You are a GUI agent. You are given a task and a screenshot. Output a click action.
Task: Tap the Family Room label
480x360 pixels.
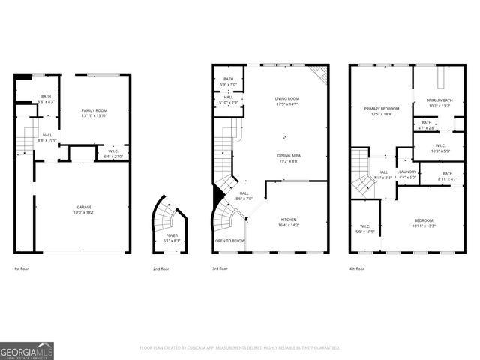coord(94,110)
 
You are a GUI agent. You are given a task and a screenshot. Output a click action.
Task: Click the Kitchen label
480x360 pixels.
coord(289,219)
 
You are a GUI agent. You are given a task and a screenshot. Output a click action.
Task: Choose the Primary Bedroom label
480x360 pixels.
coord(382,109)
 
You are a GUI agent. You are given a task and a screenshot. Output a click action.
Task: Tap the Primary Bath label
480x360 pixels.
coord(439,100)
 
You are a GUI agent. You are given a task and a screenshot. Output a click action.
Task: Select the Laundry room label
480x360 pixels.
coord(407,172)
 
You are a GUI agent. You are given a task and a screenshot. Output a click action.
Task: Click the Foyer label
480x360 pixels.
coord(172,235)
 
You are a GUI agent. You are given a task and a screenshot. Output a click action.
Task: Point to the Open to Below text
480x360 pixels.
coord(230,241)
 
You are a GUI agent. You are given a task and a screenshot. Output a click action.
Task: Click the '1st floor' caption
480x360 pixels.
coord(22,268)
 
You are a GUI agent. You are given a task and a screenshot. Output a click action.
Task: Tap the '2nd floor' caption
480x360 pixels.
coord(160,268)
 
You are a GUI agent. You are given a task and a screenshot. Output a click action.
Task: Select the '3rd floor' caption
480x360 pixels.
coord(221,268)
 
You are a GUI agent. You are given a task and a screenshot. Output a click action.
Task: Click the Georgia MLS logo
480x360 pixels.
coord(27,350)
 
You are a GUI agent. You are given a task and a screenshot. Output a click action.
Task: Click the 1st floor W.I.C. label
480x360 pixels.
coord(113,151)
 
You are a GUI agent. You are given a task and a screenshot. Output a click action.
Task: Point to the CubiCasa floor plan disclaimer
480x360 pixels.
coord(240,347)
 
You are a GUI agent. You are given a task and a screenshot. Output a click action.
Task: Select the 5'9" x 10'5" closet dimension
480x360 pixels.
coord(365,232)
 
